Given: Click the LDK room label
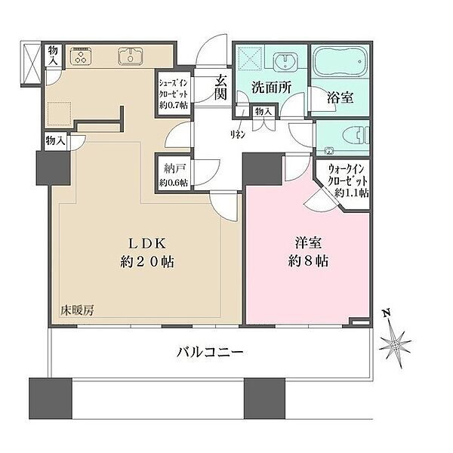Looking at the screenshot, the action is click(147, 244).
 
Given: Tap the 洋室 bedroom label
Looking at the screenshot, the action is click(308, 243).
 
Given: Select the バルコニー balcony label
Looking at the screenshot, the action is click(210, 352).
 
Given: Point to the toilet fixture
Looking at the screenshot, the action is click(356, 135).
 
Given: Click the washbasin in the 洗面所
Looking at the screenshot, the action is click(285, 61).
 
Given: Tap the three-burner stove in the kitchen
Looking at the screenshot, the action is click(81, 56).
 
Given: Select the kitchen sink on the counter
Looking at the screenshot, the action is click(131, 56).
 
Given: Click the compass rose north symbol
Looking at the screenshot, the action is click(395, 344).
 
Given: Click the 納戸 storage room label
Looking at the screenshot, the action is click(174, 168).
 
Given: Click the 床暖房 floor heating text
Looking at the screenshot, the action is click(77, 310).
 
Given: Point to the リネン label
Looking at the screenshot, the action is click(238, 134).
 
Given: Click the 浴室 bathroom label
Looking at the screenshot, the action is click(340, 97).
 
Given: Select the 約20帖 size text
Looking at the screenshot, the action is click(147, 262).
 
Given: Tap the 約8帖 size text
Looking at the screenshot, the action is click(308, 261).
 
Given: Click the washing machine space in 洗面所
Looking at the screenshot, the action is click(250, 60).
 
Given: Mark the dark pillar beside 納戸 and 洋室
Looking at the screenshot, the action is click(262, 170).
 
